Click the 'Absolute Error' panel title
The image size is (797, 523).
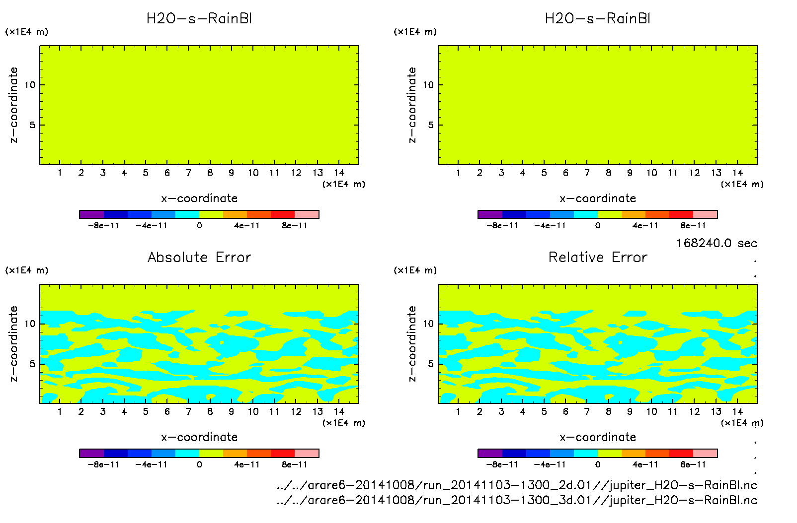[x=199, y=257]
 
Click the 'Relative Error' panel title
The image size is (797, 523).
[x=598, y=257]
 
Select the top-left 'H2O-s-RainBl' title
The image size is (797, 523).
[x=199, y=19]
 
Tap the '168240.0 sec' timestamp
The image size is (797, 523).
[x=717, y=243]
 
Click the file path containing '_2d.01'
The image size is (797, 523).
[x=517, y=485]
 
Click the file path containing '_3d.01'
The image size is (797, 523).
[x=517, y=500]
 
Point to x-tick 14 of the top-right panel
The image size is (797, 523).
[x=737, y=173]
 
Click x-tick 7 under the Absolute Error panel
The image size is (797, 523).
[x=188, y=411]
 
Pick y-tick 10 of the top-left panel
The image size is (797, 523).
[x=30, y=85]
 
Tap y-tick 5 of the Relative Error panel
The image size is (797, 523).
[x=431, y=364]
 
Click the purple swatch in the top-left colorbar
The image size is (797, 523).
[x=91, y=214]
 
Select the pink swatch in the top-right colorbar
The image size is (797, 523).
[x=706, y=214]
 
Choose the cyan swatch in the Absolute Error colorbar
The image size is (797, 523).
[x=187, y=453]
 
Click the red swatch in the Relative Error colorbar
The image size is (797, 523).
[x=681, y=453]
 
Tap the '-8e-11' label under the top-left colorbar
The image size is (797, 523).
[x=104, y=226]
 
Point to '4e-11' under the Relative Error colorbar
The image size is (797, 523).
[x=645, y=464]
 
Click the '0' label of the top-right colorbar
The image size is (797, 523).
[x=598, y=226]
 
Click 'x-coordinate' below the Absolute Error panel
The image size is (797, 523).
[x=199, y=437]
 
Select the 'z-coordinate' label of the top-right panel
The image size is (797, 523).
[x=412, y=105]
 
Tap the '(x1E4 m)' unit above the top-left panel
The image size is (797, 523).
[x=27, y=32]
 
